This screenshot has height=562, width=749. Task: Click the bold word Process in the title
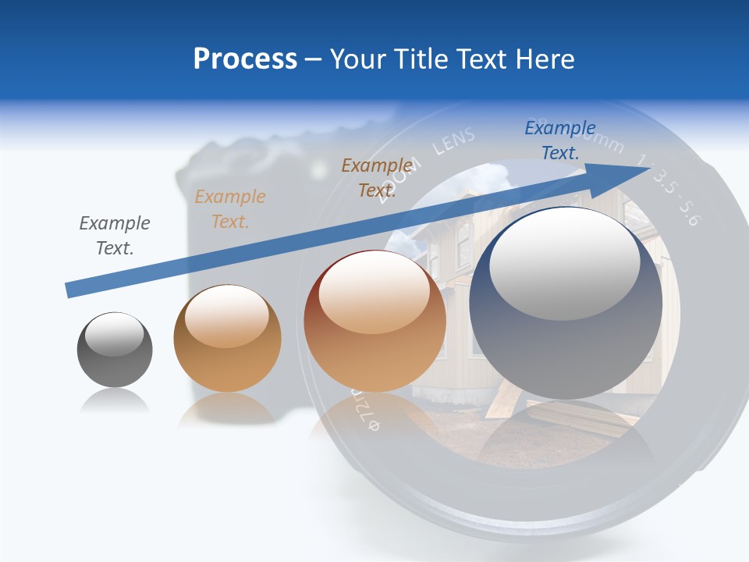click(245, 59)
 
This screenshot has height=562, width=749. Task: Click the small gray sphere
click(115, 350)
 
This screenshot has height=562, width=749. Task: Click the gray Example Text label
click(115, 236)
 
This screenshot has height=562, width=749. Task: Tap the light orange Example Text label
click(230, 209)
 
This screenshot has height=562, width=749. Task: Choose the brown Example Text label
click(377, 178)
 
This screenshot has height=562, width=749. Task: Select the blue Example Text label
click(560, 140)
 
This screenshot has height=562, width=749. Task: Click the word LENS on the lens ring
click(453, 141)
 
